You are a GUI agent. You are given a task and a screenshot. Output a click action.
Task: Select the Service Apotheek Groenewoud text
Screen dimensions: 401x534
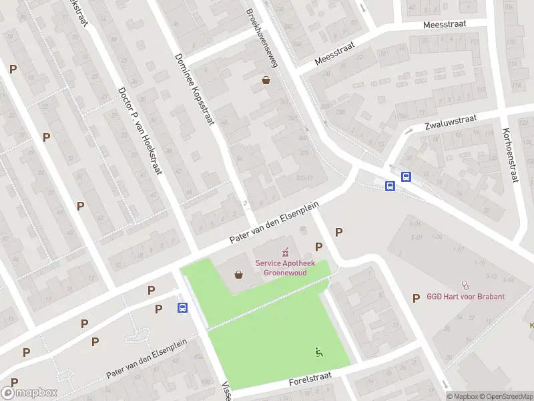286,268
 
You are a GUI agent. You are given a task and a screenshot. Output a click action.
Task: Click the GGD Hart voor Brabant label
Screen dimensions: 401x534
466,297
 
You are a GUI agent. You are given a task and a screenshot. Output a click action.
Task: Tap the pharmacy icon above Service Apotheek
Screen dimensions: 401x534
286,252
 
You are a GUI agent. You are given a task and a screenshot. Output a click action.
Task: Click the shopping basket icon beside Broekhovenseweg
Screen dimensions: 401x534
266,81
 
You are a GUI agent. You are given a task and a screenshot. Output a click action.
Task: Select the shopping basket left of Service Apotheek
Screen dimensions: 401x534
239,275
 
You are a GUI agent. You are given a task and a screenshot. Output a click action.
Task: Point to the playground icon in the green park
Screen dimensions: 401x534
318,352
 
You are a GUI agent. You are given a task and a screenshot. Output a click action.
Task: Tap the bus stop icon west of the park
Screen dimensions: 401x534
182,307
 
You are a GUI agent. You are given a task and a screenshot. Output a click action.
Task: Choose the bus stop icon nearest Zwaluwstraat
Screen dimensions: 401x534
405,176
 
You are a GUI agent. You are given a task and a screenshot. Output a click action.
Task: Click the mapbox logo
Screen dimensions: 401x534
29,393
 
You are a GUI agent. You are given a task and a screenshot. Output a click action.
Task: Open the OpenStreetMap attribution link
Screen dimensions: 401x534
505,396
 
